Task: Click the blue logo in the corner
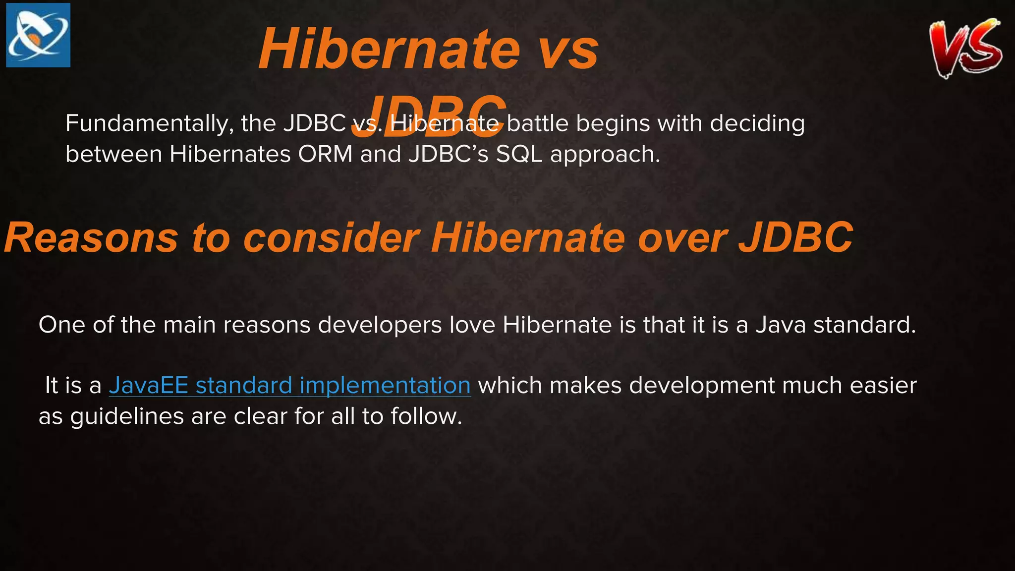click(38, 35)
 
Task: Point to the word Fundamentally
click(149, 123)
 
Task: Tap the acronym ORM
click(325, 154)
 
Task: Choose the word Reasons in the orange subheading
click(91, 238)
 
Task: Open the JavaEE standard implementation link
click(289, 386)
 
